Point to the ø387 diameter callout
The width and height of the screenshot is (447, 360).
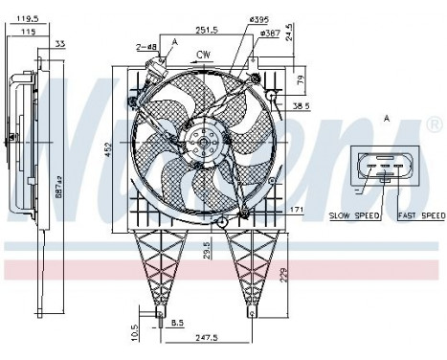coord(269,33)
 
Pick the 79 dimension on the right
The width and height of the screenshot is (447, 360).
coord(300,79)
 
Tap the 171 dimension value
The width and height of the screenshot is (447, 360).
coord(299,210)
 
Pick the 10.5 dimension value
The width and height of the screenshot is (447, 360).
coord(133,329)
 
